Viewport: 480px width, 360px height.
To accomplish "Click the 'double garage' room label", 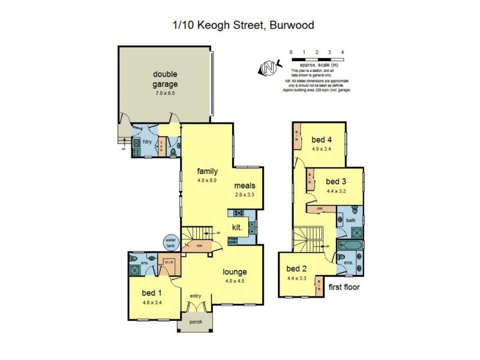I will coord(164,79).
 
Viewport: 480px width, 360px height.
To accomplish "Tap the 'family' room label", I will coord(206,170).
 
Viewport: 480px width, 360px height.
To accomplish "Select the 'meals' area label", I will coord(245,185).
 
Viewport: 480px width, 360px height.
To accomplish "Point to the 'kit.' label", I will coord(237,227).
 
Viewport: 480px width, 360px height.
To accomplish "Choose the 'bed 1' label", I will coord(152,293).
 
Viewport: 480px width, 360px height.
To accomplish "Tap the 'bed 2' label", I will coord(296,268).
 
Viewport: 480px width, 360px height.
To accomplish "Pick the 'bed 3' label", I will coord(335,181).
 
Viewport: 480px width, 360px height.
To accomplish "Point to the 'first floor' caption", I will coord(344,287).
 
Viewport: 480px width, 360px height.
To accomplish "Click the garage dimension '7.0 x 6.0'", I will coord(164,94).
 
